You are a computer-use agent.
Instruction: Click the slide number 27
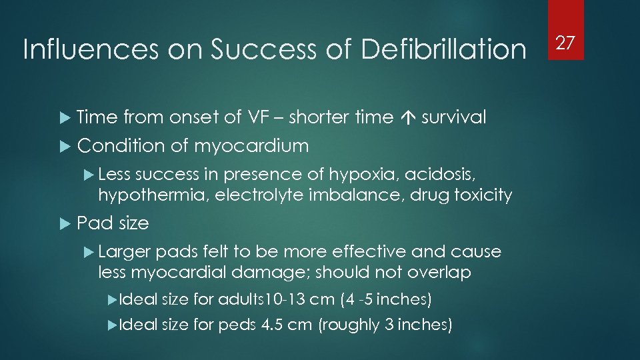click(x=565, y=43)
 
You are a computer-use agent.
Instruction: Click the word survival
click(x=453, y=117)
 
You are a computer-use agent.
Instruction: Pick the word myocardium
click(x=251, y=145)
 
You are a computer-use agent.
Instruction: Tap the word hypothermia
click(x=139, y=195)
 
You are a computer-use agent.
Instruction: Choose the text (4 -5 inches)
click(x=386, y=299)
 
